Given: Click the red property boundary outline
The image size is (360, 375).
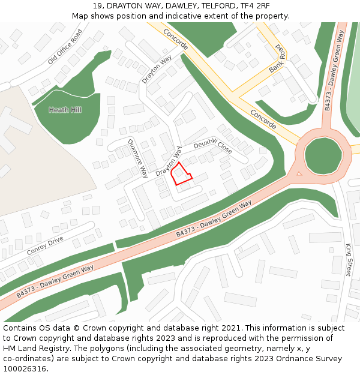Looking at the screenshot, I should pos(181,174).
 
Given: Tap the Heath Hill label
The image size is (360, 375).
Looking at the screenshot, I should pos(65,110).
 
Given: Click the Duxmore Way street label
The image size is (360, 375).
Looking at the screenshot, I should pos(137,158).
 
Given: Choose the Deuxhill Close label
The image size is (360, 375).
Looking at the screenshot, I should pos(212,148).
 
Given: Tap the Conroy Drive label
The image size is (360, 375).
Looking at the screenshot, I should pos(45,245).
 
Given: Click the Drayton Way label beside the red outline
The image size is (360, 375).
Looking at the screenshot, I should pos(169,161).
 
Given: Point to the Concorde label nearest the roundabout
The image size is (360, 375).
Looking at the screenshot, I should pos(263,119).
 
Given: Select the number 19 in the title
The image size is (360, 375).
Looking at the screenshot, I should pos(98,6).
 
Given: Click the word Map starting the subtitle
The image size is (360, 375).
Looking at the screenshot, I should pos(81,16).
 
